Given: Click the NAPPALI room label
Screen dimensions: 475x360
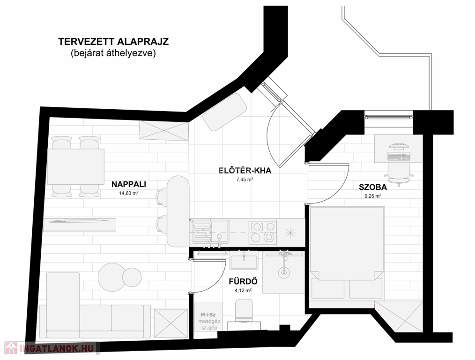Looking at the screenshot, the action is point(129,184).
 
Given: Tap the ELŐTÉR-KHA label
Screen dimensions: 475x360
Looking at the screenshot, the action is point(245,171).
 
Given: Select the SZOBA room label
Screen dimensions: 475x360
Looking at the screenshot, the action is point(373,187).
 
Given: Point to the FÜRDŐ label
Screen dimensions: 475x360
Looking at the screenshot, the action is point(243,282).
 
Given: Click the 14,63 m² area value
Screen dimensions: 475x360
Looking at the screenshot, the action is point(129,193).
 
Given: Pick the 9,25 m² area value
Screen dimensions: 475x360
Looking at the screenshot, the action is point(373,196).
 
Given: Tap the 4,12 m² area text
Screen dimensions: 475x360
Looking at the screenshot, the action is point(243,290).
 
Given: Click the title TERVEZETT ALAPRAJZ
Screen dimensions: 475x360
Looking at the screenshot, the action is point(113,42).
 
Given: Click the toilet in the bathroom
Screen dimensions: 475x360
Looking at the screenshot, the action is point(244,311).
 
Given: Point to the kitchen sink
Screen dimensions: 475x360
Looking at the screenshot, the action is point(210,232).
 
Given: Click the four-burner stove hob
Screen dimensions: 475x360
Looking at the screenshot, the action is point(263,232).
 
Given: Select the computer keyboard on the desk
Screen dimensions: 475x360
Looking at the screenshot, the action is point(398,157).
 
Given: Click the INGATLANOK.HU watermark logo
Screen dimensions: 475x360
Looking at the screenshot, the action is point(52,348).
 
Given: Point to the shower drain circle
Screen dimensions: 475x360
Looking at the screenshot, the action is point(284,272).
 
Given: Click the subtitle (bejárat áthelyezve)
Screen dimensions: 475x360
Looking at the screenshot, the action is point(113,53).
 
